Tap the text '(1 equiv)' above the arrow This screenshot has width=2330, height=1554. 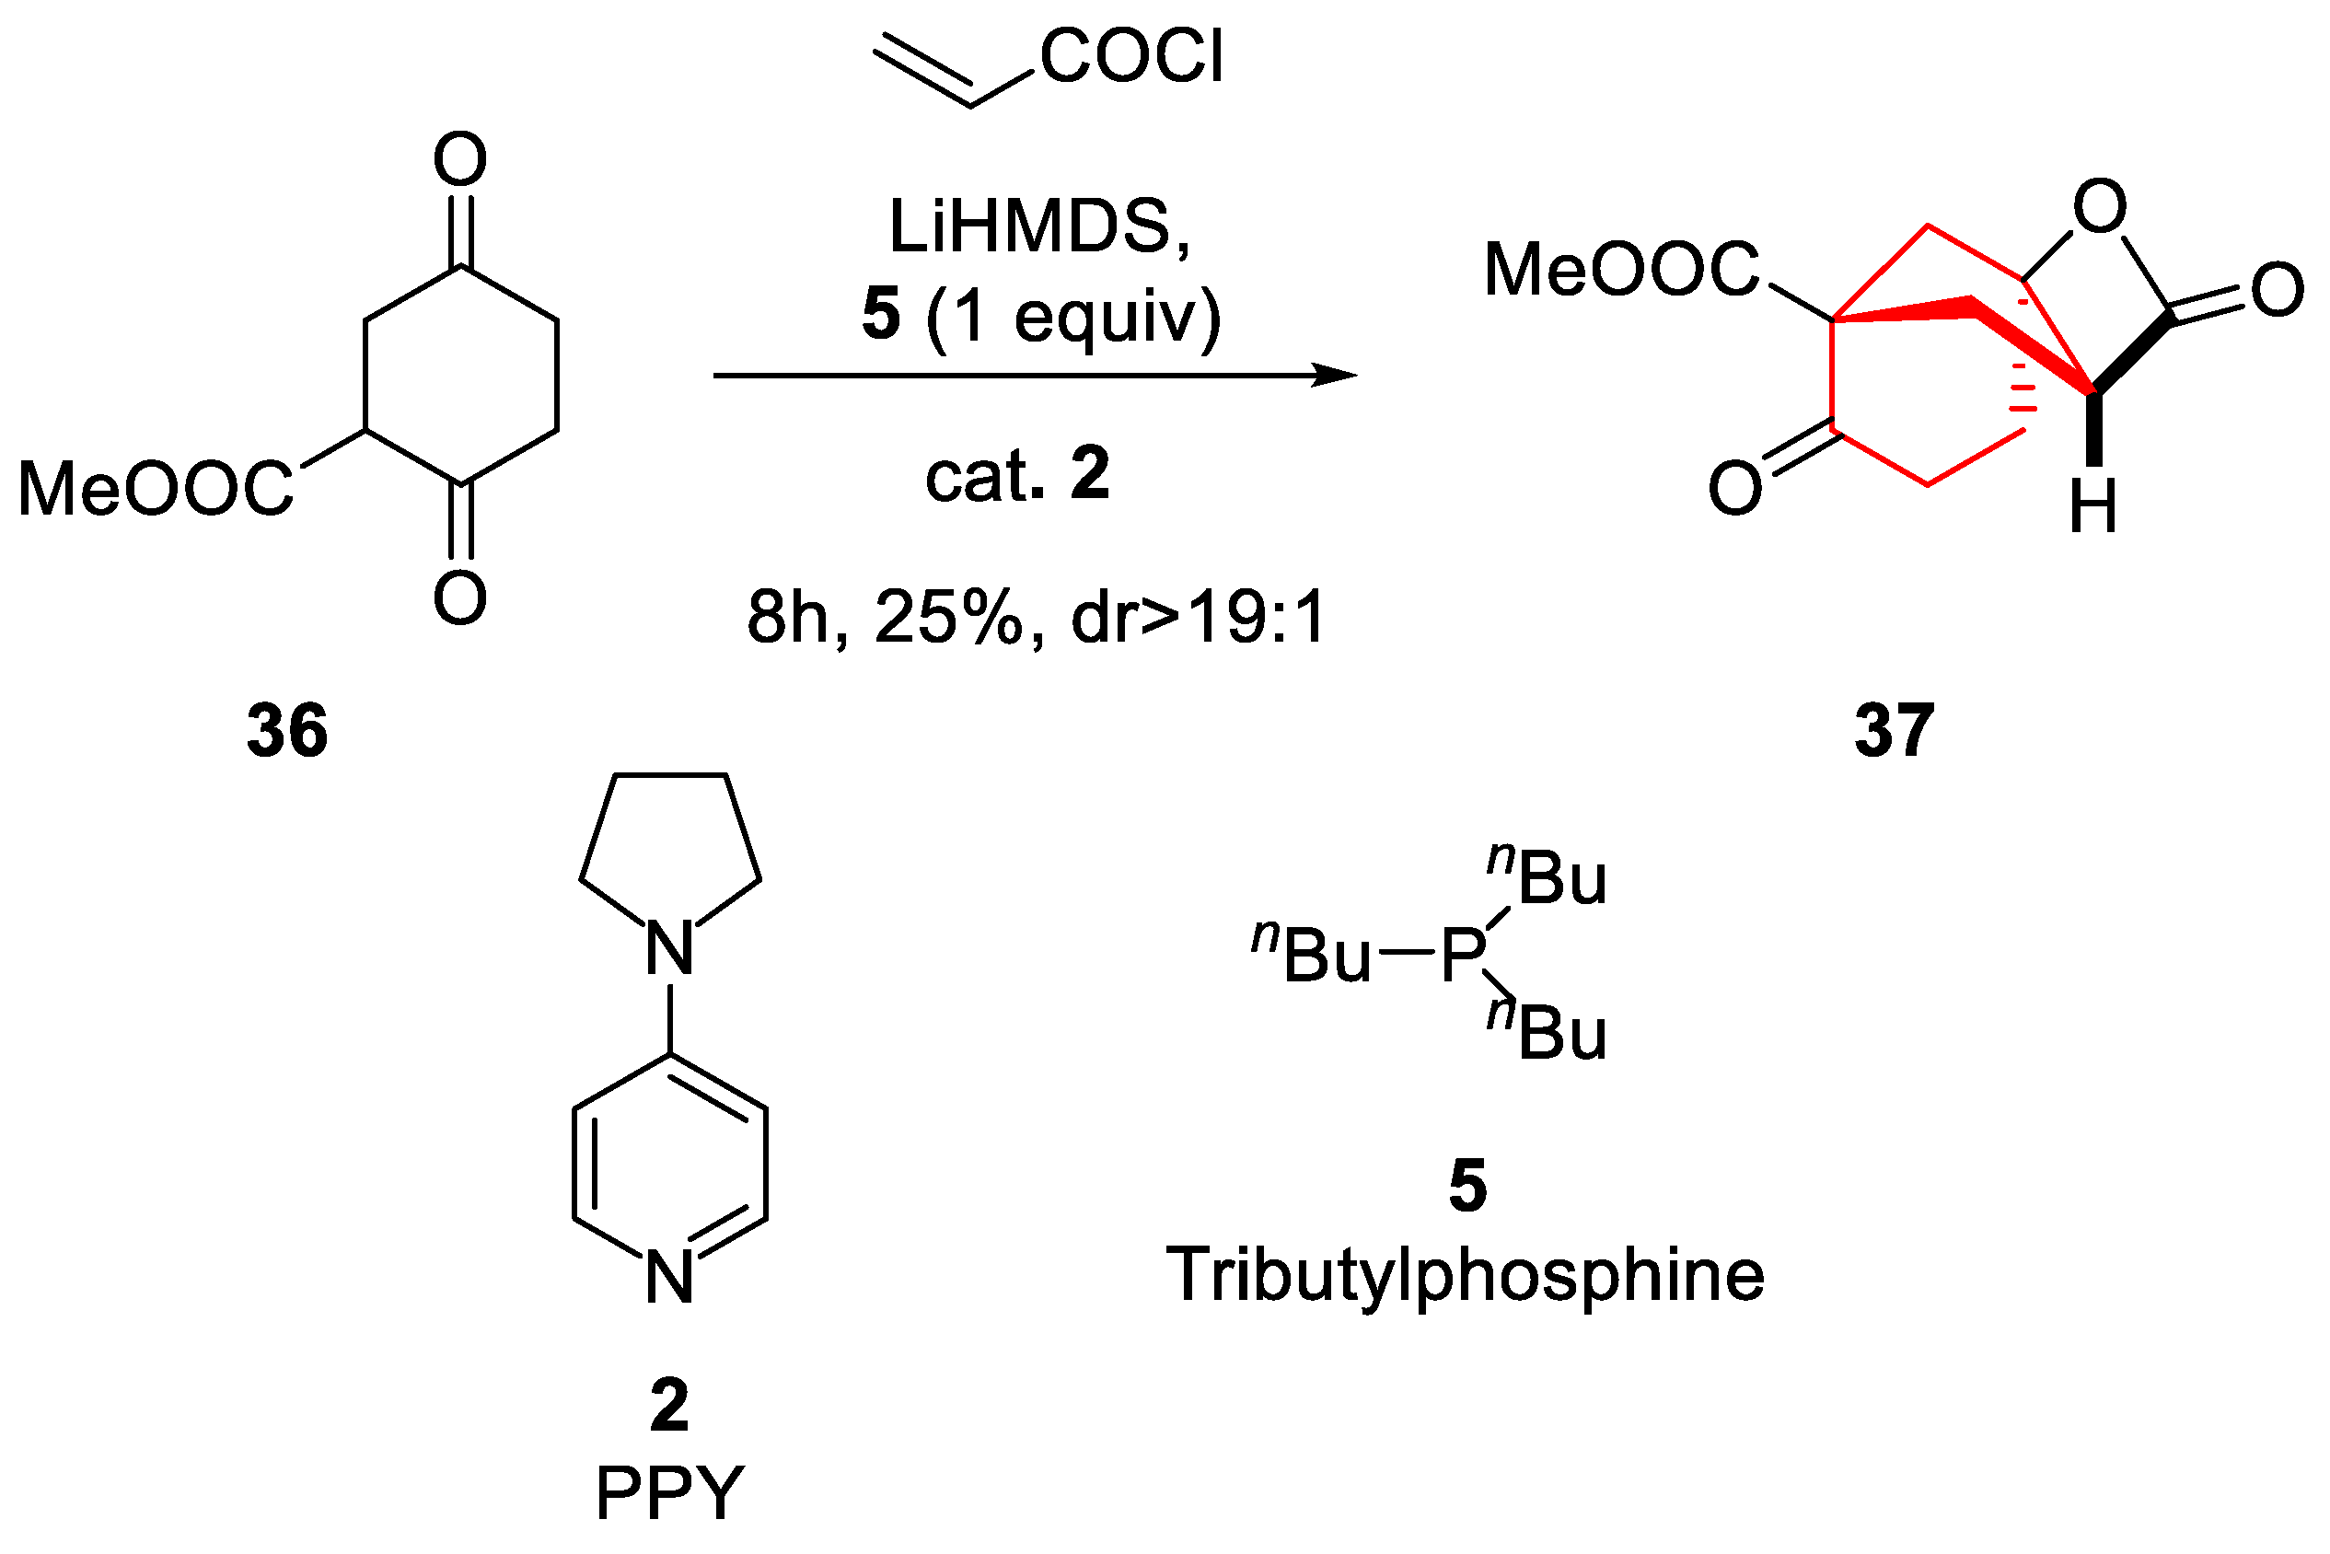[x=1073, y=317]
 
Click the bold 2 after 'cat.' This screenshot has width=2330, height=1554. [x=1089, y=474]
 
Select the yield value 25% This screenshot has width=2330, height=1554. [x=947, y=618]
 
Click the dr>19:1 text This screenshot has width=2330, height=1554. [x=1199, y=618]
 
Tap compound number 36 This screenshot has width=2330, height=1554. [x=287, y=730]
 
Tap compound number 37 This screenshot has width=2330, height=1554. [x=1894, y=730]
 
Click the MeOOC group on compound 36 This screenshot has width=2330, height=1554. [x=156, y=489]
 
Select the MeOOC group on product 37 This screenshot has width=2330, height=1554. [x=1621, y=270]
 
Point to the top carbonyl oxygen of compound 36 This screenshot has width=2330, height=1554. [x=460, y=158]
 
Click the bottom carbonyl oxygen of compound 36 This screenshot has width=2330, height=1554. [x=460, y=597]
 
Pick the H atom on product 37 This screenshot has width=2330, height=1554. [x=2093, y=507]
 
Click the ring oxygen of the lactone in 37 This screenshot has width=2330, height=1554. [x=2100, y=206]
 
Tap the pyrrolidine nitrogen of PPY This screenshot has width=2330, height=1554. [x=670, y=947]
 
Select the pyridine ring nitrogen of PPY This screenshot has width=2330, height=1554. [x=670, y=1278]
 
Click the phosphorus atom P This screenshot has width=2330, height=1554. [x=1463, y=956]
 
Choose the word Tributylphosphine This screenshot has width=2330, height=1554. [x=1465, y=1275]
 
